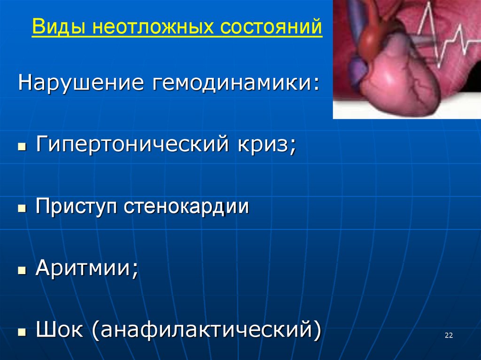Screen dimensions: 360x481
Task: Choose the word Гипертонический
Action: (x=130, y=143)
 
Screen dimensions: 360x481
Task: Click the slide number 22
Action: (x=448, y=335)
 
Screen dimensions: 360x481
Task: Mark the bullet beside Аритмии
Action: (x=21, y=271)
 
